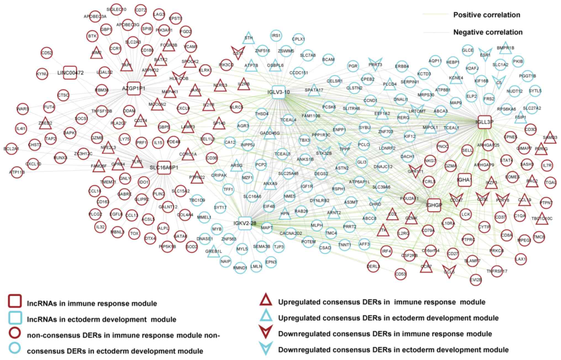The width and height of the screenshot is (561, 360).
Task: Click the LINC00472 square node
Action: coord(70,73)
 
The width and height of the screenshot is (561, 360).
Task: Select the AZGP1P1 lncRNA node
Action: coord(134,88)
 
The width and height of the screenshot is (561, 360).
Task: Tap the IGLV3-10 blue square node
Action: coord(278,92)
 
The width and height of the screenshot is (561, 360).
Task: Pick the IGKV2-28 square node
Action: coord(245,223)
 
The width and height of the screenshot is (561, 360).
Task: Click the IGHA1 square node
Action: coord(464,180)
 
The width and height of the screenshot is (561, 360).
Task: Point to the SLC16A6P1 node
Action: coord(164,168)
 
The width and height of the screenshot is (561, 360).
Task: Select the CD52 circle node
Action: coord(47,53)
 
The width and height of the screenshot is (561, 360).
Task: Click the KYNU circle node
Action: coord(42,74)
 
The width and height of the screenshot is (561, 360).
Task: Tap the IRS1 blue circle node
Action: coord(276,36)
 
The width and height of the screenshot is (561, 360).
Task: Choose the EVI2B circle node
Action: coord(476,280)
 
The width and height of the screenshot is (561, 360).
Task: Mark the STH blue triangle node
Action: coord(249,38)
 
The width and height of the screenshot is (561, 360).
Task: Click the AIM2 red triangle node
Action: coord(96,53)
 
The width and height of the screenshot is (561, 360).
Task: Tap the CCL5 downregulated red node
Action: coord(449,272)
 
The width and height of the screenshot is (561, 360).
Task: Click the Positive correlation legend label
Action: coord(486,15)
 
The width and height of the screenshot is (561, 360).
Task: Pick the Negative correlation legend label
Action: coord(488,32)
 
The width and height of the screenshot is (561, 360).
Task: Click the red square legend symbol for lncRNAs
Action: coord(15,301)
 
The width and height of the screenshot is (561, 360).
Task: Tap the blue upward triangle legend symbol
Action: coord(266,316)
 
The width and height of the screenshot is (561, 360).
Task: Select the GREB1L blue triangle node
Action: coord(213,251)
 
